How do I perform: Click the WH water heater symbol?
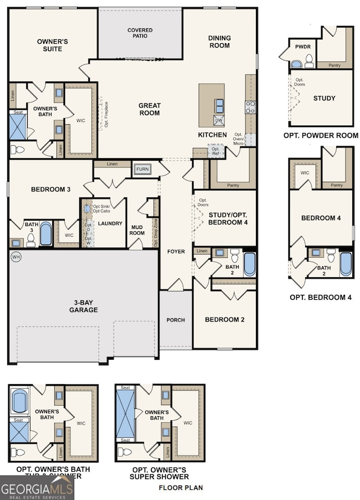pos(16,257)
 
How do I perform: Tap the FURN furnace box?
pos(142,169)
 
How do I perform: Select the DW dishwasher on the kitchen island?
pos(218,120)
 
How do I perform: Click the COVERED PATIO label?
pos(140,34)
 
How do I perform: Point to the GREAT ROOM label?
pos(150,109)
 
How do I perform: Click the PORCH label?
pos(176,320)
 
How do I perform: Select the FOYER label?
pos(176,252)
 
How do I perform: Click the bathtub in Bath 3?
pos(45,234)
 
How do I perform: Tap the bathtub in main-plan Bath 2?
pos(250,264)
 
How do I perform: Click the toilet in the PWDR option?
pos(309,60)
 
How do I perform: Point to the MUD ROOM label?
pos(137,230)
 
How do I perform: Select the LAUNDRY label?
pos(110,223)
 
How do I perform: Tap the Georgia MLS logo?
pos(37,488)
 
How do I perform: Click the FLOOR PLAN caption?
pos(181,488)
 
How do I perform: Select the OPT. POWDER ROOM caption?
pos(321,135)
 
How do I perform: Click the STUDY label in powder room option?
pos(324,98)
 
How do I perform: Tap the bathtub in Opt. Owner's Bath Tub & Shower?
pos(19,401)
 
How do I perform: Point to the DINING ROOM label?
pos(219,42)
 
